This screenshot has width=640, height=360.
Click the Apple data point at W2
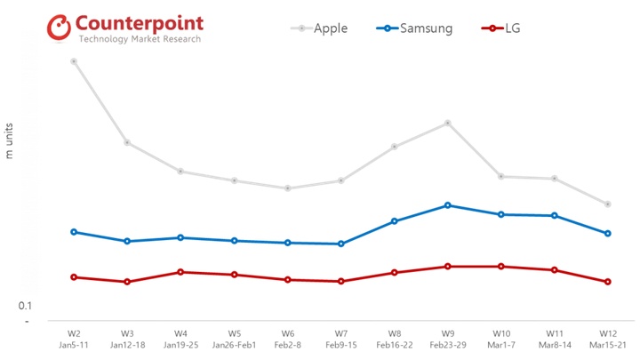pos(74,61)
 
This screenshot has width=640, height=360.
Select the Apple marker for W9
pos(448,123)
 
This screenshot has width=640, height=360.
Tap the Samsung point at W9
pos(448,205)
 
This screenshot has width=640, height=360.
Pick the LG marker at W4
pos(180,272)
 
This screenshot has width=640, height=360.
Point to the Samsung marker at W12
pos(608,234)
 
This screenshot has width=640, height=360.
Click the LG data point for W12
pos(608,282)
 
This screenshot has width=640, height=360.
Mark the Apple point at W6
pos(287,188)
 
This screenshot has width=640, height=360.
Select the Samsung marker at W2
pos(74,232)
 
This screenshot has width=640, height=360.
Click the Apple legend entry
pos(320,28)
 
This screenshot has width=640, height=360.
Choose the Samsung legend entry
pos(415,28)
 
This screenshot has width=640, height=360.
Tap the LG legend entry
pos(501,28)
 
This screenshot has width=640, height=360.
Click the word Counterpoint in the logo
pos(140,22)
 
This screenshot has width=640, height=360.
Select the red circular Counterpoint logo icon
pos(59,28)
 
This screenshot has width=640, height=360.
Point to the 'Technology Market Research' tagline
pos(140,40)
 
